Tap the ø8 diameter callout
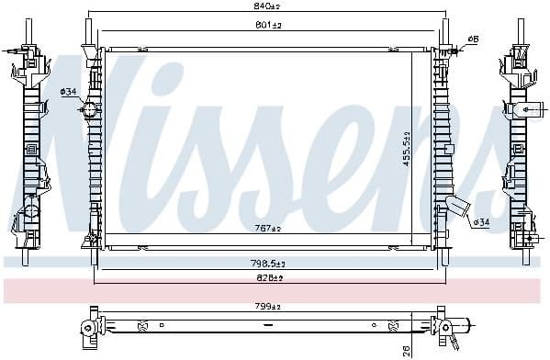[x=473, y=39]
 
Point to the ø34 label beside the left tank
[x=68, y=92]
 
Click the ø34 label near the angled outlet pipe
[x=481, y=221]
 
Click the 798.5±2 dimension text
[x=268, y=263]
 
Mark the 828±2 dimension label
[x=268, y=276]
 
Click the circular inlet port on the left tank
[x=89, y=111]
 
